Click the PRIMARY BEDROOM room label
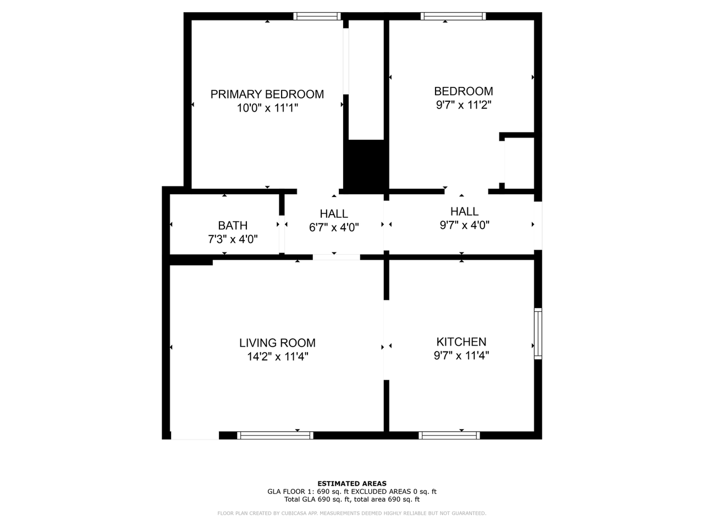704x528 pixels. point(267,94)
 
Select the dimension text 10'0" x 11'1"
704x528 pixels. point(267,108)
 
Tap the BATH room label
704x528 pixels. point(233,226)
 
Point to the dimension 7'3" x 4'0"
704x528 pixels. point(233,239)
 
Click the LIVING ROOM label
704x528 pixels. point(277,343)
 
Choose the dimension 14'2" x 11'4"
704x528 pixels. point(277,357)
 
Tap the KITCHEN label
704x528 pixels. point(461,342)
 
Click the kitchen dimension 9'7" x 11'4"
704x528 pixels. point(461,355)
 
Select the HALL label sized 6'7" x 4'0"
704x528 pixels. point(334,214)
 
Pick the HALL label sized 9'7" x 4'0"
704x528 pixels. point(464,211)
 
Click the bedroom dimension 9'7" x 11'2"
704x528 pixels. point(463,105)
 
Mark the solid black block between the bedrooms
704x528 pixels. point(366,164)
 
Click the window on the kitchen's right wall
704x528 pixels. point(538,334)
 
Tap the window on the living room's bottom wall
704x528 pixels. point(275,435)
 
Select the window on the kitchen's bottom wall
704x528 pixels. point(449,435)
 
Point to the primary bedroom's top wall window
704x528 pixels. point(317,16)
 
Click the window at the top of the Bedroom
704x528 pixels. point(453,16)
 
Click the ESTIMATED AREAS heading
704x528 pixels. point(352,484)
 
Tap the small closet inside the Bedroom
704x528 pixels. point(519,163)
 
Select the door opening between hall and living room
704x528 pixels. point(337,257)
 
